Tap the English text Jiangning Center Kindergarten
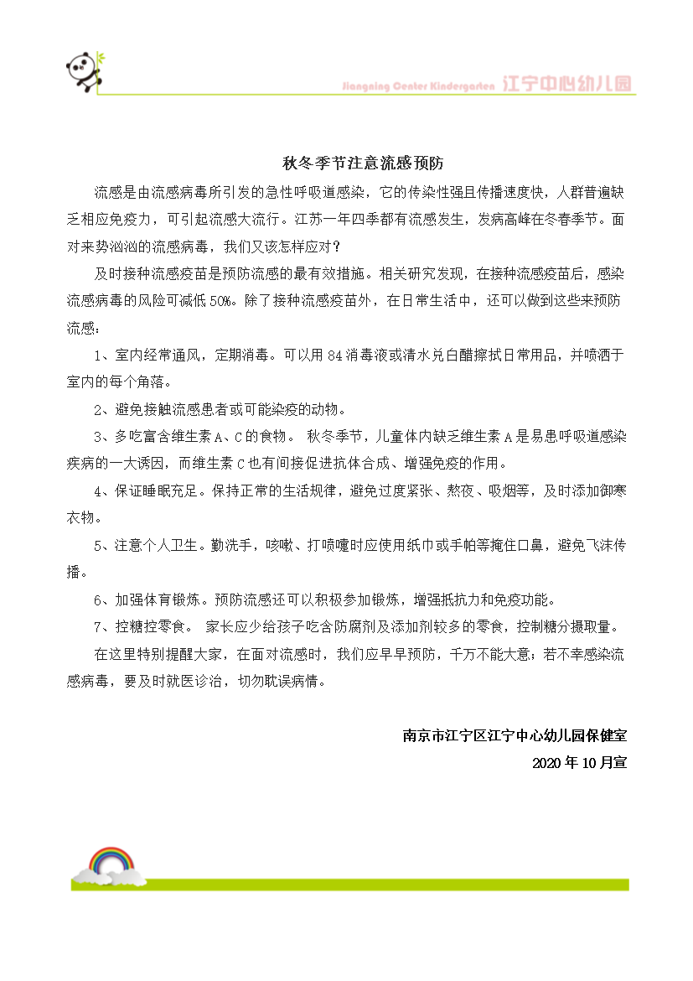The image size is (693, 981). click(x=420, y=86)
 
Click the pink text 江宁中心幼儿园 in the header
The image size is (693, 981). click(x=567, y=85)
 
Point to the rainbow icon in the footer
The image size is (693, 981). click(x=111, y=864)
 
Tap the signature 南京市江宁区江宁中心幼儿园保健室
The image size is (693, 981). click(x=515, y=735)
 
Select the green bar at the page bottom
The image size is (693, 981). click(x=377, y=884)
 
